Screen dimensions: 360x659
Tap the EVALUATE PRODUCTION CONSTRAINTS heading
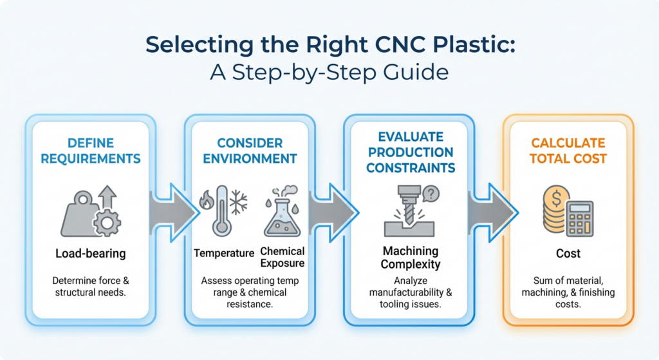[x=409, y=152]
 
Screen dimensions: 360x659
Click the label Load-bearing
[x=91, y=254]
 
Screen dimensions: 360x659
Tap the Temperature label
[x=224, y=253]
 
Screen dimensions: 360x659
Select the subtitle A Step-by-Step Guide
[x=329, y=71]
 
